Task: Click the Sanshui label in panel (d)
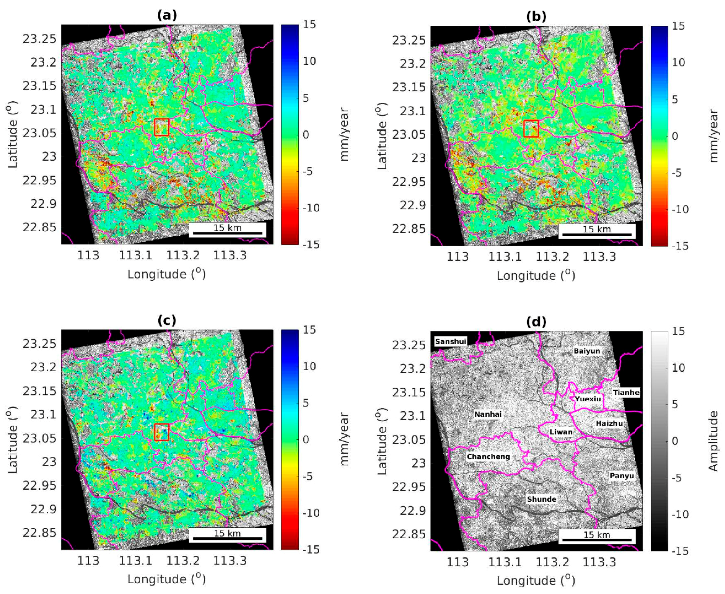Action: pyautogui.click(x=450, y=341)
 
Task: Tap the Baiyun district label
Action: pyautogui.click(x=587, y=351)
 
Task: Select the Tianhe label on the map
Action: pyautogui.click(x=626, y=392)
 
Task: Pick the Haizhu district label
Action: pyautogui.click(x=609, y=423)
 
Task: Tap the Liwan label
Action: pyautogui.click(x=561, y=432)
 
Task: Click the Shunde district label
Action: pyautogui.click(x=541, y=499)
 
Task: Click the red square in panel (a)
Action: pyautogui.click(x=161, y=127)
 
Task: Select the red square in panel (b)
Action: pyautogui.click(x=531, y=128)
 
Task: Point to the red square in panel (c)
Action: pyautogui.click(x=161, y=432)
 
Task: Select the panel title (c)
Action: pyautogui.click(x=167, y=320)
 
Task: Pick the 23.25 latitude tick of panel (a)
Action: pyautogui.click(x=39, y=39)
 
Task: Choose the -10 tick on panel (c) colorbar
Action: pyautogui.click(x=311, y=513)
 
